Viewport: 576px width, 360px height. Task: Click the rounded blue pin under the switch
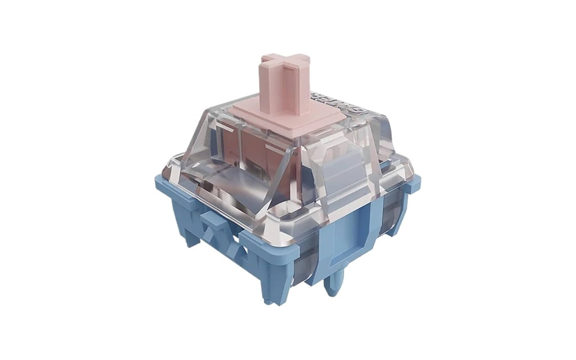coord(335,284)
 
